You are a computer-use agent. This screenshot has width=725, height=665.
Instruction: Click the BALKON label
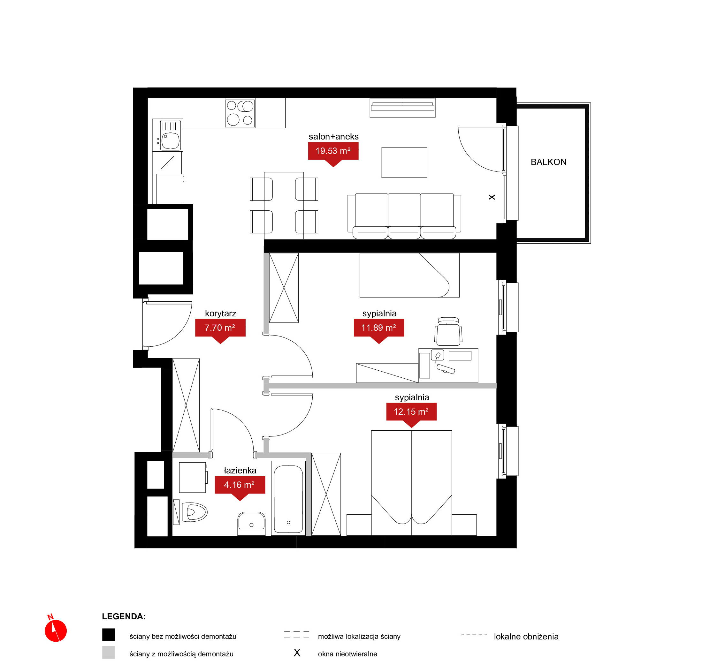tap(548, 162)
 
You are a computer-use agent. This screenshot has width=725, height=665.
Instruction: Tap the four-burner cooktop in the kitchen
tap(240, 113)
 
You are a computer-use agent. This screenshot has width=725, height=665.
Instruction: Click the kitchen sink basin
tap(170, 141)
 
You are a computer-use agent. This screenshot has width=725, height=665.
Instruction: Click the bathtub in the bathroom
tap(288, 498)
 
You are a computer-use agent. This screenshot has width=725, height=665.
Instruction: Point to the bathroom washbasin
tap(251, 524)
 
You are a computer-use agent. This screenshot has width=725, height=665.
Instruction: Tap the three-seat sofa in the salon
tap(404, 216)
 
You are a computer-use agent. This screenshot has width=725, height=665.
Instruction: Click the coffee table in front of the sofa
tap(404, 162)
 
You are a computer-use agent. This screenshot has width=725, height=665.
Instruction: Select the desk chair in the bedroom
tap(448, 332)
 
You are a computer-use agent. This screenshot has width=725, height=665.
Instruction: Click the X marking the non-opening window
tap(492, 197)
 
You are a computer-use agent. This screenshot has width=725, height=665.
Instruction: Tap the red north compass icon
tap(56, 629)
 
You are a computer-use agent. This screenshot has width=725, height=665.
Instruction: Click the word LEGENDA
tap(124, 616)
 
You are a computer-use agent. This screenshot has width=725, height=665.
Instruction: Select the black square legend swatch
tap(108, 635)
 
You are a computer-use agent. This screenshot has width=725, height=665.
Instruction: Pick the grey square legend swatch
tap(108, 653)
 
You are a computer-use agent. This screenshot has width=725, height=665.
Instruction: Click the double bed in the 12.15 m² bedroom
tap(411, 483)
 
